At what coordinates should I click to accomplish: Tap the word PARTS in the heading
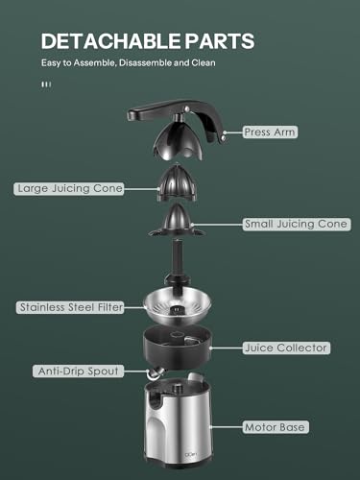[213, 42]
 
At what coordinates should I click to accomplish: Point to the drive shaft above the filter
[179, 259]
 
